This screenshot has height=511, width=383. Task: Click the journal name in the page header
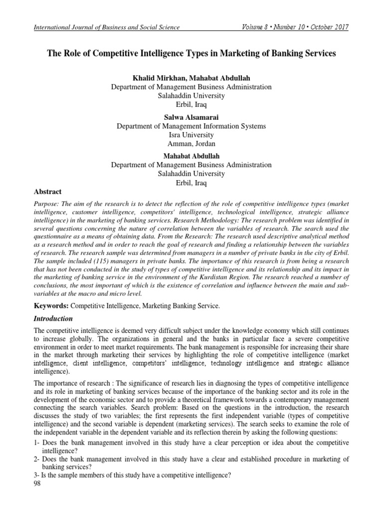point(106,27)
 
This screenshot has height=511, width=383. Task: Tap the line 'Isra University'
point(191,135)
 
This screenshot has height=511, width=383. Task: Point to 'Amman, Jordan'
point(191,143)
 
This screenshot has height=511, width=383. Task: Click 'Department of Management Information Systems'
point(191,126)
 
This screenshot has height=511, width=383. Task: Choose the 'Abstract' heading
point(47,191)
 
